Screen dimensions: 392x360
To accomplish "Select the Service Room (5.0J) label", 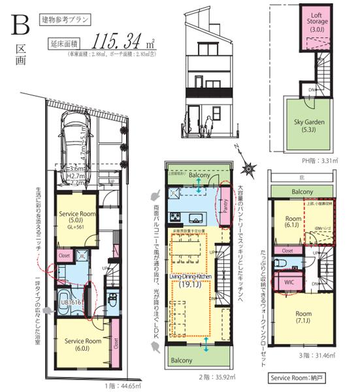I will click(78, 218).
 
